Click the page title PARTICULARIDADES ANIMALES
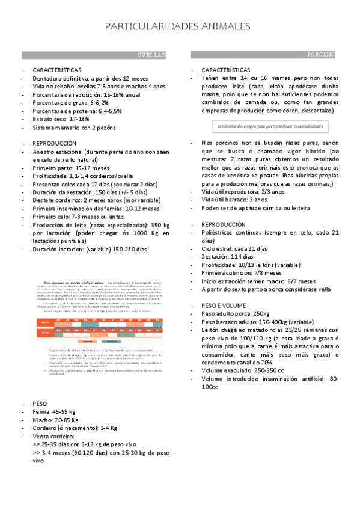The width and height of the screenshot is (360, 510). [x=177, y=27]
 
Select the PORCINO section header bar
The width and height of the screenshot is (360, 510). [x=263, y=55]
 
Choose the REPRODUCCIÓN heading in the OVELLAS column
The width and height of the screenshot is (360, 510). [x=55, y=144]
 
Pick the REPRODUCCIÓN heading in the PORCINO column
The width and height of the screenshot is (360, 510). [x=224, y=224]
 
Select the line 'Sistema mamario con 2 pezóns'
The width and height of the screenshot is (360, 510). [x=74, y=127]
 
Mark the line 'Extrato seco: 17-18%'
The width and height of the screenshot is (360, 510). [x=62, y=119]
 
